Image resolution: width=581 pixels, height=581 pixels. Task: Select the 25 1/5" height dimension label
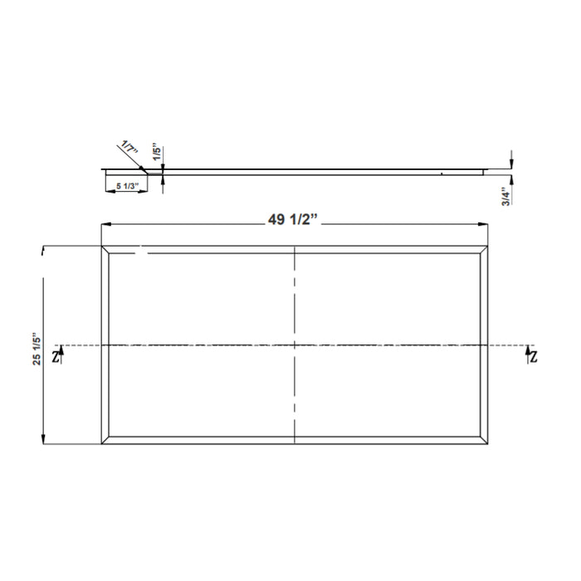coord(34,353)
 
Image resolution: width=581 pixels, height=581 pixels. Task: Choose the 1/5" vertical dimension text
coord(156,154)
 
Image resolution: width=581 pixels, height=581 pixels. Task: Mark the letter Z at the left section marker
coord(55,357)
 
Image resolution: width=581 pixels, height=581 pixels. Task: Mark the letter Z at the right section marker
coord(532,357)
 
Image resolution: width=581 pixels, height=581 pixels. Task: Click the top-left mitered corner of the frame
coord(105,251)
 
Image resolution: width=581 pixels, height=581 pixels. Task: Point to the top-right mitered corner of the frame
coord(485,251)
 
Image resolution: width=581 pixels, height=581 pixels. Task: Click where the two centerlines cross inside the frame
coord(295,344)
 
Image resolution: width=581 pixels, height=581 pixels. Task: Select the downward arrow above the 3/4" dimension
coord(512,164)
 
